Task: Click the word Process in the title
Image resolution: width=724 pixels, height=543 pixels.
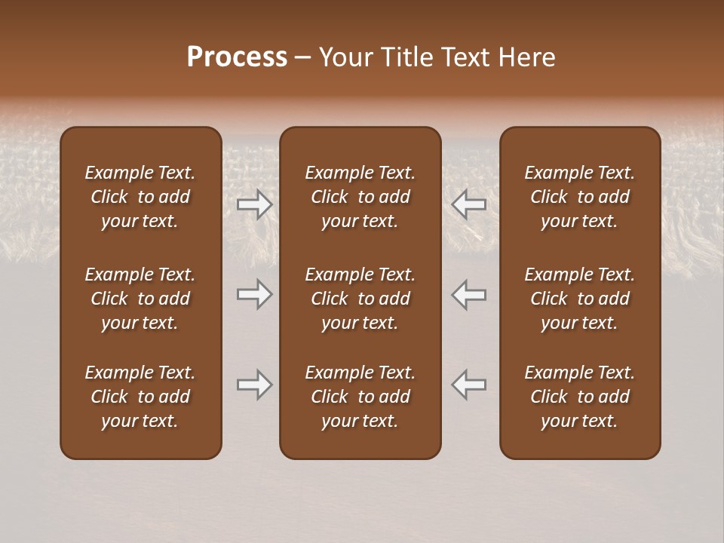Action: pyautogui.click(x=237, y=57)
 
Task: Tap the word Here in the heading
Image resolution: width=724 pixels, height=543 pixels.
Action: pyautogui.click(x=527, y=57)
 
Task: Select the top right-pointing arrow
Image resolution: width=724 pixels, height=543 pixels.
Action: pyautogui.click(x=254, y=204)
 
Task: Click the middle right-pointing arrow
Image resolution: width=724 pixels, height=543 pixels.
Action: pyautogui.click(x=254, y=294)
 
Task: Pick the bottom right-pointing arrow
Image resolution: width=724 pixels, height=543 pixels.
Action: pyautogui.click(x=254, y=385)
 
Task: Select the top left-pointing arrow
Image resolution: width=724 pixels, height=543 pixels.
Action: pyautogui.click(x=468, y=204)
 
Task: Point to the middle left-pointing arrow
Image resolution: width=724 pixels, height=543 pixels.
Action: pyautogui.click(x=468, y=294)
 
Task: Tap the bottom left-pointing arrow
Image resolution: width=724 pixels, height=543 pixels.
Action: pyautogui.click(x=468, y=385)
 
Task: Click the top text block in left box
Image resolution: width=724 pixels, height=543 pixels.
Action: pyautogui.click(x=140, y=197)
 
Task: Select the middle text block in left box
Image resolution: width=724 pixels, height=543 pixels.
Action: pyautogui.click(x=140, y=299)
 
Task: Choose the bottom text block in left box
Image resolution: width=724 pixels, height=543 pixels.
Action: pyautogui.click(x=140, y=397)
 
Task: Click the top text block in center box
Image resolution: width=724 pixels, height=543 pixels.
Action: pyautogui.click(x=360, y=197)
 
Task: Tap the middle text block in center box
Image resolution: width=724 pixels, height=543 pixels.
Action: pyautogui.click(x=360, y=299)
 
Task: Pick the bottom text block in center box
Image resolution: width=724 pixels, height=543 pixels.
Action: pyautogui.click(x=360, y=397)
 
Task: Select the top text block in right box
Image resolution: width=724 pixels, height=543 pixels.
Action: pyautogui.click(x=579, y=197)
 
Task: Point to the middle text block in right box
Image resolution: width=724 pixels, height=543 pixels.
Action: pyautogui.click(x=579, y=299)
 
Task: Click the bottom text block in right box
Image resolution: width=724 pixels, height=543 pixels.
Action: pyautogui.click(x=579, y=397)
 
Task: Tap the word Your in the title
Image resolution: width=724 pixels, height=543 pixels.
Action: pyautogui.click(x=345, y=57)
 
